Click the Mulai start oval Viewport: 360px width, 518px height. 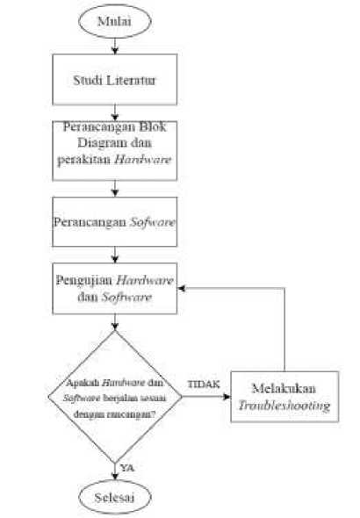tap(115, 21)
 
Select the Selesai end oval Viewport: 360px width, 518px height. tap(115, 497)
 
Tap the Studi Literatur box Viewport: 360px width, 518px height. tap(115, 80)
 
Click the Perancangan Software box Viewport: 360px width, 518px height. tap(115, 221)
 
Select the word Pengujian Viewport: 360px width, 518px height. tap(84, 281)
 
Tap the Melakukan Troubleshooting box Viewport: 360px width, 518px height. tap(284, 397)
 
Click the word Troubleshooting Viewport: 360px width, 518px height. tap(284, 406)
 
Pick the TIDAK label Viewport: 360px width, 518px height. tap(204, 385)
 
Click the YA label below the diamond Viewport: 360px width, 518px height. tap(127, 468)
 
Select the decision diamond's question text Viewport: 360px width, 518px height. tap(115, 399)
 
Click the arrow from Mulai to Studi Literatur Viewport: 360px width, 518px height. tap(115, 46)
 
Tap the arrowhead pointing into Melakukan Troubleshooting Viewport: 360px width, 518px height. tap(227, 397)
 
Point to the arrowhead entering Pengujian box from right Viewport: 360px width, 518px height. tap(181, 288)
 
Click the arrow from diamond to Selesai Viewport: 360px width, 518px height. tap(115, 471)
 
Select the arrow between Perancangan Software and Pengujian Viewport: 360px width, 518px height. tap(115, 255)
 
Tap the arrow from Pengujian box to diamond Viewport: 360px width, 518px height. tap(115, 321)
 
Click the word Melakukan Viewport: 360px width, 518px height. tap(284, 388)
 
